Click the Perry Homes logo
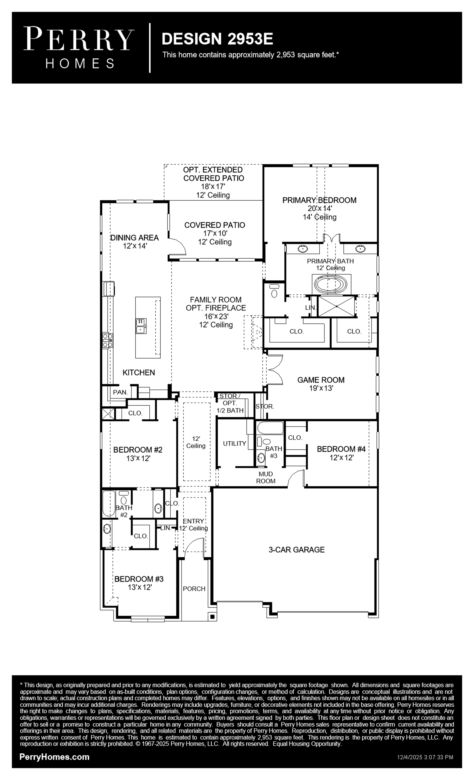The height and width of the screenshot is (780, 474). [79, 48]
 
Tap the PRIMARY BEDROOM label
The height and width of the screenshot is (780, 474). [319, 200]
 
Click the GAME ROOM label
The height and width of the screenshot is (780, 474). [321, 380]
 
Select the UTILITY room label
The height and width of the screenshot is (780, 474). [234, 443]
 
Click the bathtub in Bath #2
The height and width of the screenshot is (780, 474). [109, 504]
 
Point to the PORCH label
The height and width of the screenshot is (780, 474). [194, 589]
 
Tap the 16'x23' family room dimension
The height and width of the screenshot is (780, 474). [216, 316]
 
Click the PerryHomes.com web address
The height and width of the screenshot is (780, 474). [54, 757]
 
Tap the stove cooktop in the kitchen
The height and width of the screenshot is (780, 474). [107, 340]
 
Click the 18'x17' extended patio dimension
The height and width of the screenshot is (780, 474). [213, 186]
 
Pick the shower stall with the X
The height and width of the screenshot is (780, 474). [336, 306]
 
